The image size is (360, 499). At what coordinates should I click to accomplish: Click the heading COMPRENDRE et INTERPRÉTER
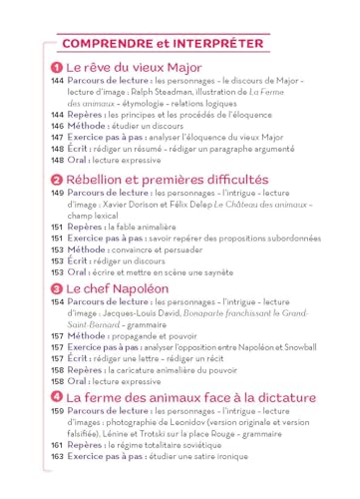point(163,44)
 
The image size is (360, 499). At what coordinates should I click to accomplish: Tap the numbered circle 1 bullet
point(57,68)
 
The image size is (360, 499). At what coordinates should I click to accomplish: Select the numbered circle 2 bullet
point(57,179)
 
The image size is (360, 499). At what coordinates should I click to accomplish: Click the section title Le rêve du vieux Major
point(134,68)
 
